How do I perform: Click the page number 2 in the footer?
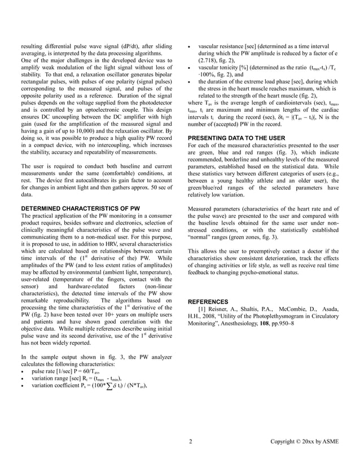click(x=191, y=441)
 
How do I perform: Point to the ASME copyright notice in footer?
click(x=305, y=441)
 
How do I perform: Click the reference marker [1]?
click(x=202, y=310)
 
